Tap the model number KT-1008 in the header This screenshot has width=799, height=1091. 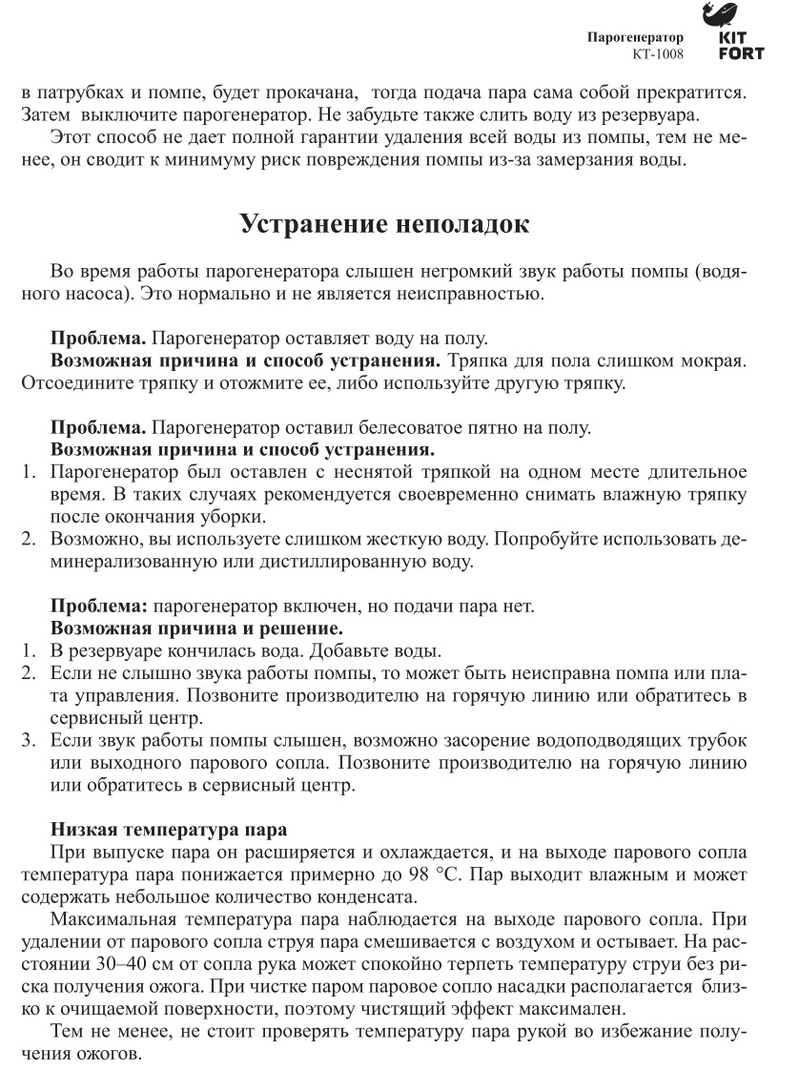[658, 54]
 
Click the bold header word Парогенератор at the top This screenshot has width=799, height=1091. [635, 38]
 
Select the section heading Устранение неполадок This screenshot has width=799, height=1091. [384, 225]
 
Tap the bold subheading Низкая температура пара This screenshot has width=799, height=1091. [168, 832]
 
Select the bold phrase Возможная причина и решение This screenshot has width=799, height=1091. [195, 629]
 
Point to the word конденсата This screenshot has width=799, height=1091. [368, 898]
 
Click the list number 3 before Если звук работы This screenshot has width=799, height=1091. [30, 740]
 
